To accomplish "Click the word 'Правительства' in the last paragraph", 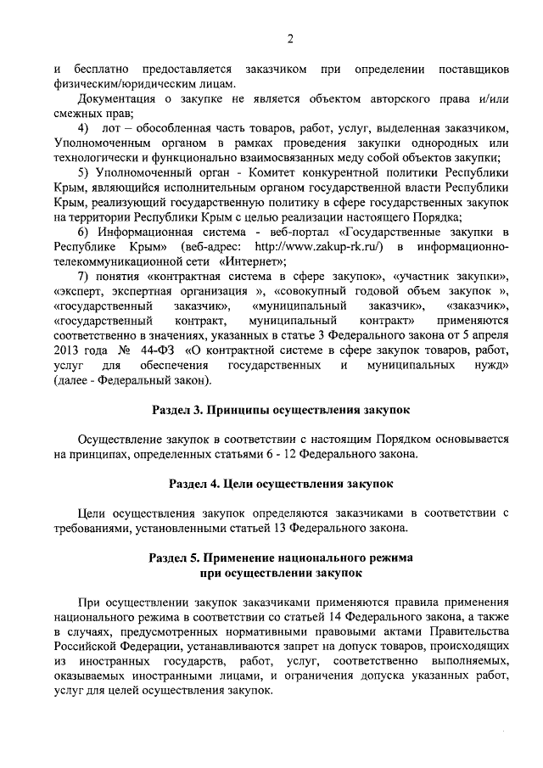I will tap(468, 632).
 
